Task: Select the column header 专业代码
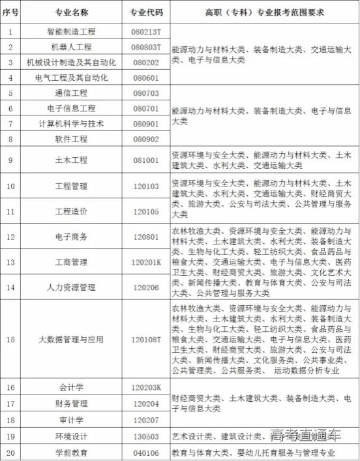pyautogui.click(x=145, y=12)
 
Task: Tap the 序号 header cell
pyautogui.click(x=10, y=12)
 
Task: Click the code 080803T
pyautogui.click(x=145, y=47)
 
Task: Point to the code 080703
pyautogui.click(x=145, y=93)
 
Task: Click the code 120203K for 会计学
pyautogui.click(x=145, y=387)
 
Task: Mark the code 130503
pyautogui.click(x=145, y=436)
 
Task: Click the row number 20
pyautogui.click(x=10, y=452)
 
